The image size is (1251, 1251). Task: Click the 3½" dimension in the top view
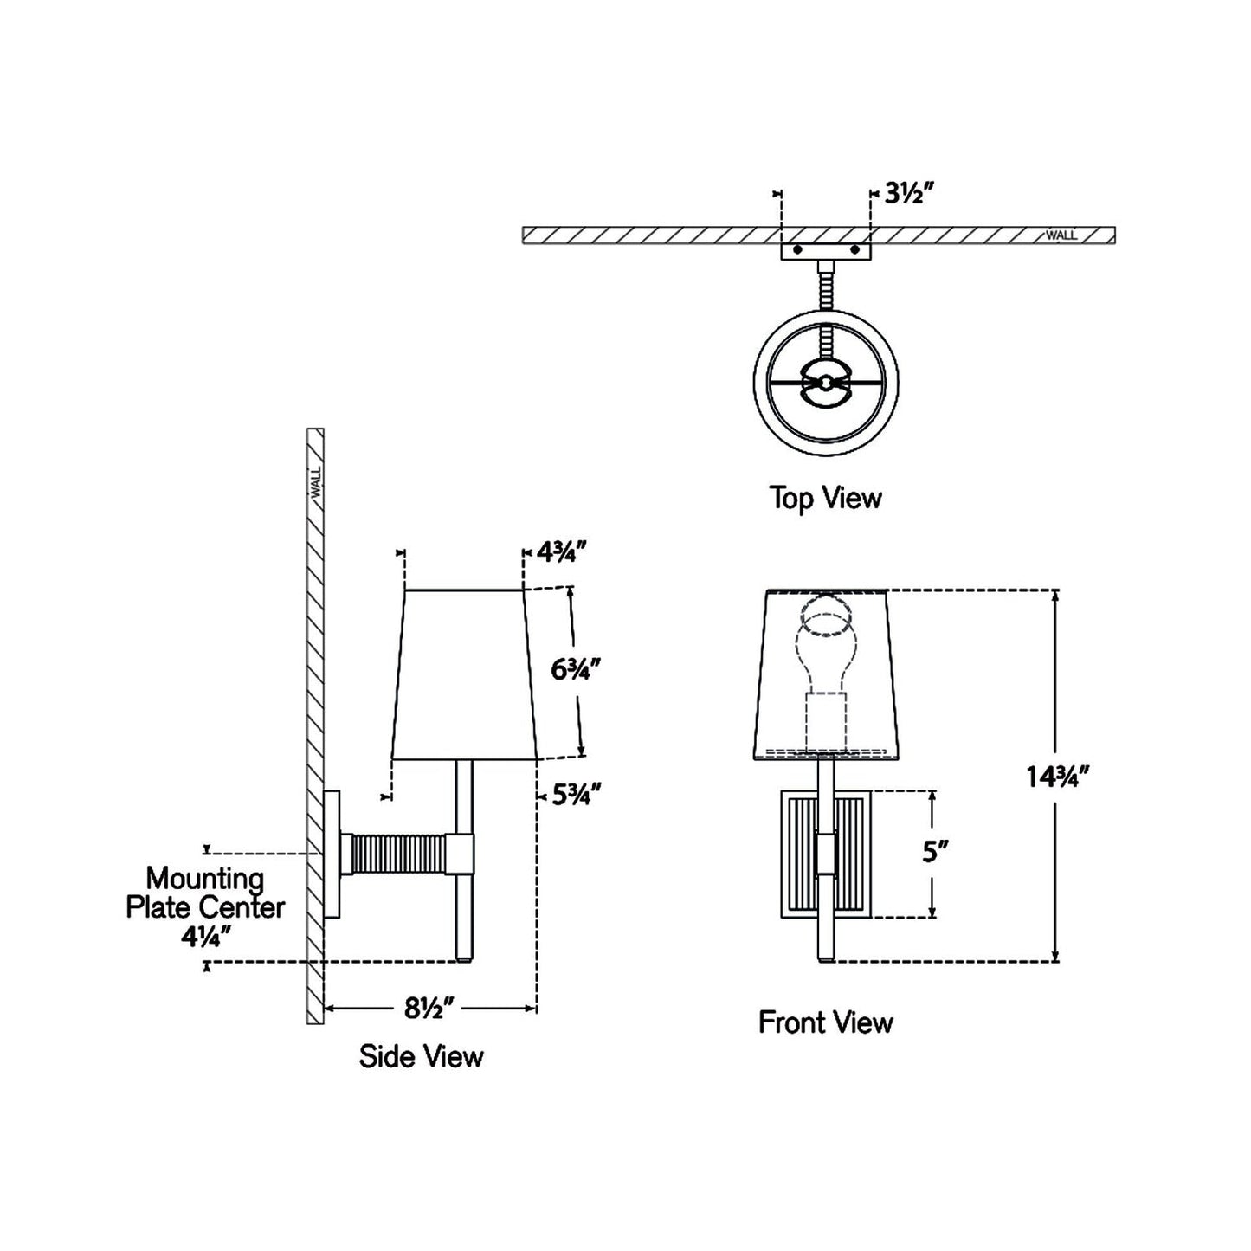[x=908, y=193]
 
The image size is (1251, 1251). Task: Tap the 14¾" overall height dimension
[x=1056, y=777]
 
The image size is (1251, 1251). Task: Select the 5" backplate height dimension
[x=931, y=853]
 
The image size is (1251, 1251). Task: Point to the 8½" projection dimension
[x=429, y=1008]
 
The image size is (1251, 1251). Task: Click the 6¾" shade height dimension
[x=576, y=669]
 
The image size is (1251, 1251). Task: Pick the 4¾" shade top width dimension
[x=563, y=551]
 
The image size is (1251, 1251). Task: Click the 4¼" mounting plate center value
[x=206, y=936]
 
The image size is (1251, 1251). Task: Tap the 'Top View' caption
[x=825, y=498]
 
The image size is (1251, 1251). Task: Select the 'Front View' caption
[x=825, y=1022]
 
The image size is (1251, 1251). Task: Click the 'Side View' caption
[x=421, y=1056]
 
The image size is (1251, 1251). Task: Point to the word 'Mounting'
[x=205, y=878]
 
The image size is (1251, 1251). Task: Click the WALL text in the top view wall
[x=1061, y=235]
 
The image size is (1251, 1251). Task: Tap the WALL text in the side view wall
[x=315, y=481]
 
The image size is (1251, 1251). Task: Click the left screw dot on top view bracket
[x=797, y=250]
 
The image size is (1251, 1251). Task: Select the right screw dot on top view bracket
[x=855, y=250]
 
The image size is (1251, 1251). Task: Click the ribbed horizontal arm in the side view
[x=397, y=853]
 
